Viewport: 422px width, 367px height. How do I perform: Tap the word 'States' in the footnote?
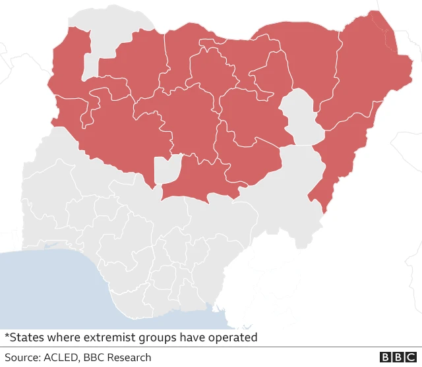point(26,338)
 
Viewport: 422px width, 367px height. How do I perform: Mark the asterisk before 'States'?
point(7,336)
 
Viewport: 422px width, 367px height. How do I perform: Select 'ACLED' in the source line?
point(61,358)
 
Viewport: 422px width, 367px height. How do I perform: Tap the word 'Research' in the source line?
point(128,358)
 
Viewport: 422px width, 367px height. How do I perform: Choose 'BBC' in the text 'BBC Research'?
point(93,358)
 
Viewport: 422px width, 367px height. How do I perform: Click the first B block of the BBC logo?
point(386,357)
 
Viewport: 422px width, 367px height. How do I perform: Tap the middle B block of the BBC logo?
point(398,357)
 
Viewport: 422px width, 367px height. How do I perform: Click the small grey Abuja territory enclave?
point(167,169)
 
